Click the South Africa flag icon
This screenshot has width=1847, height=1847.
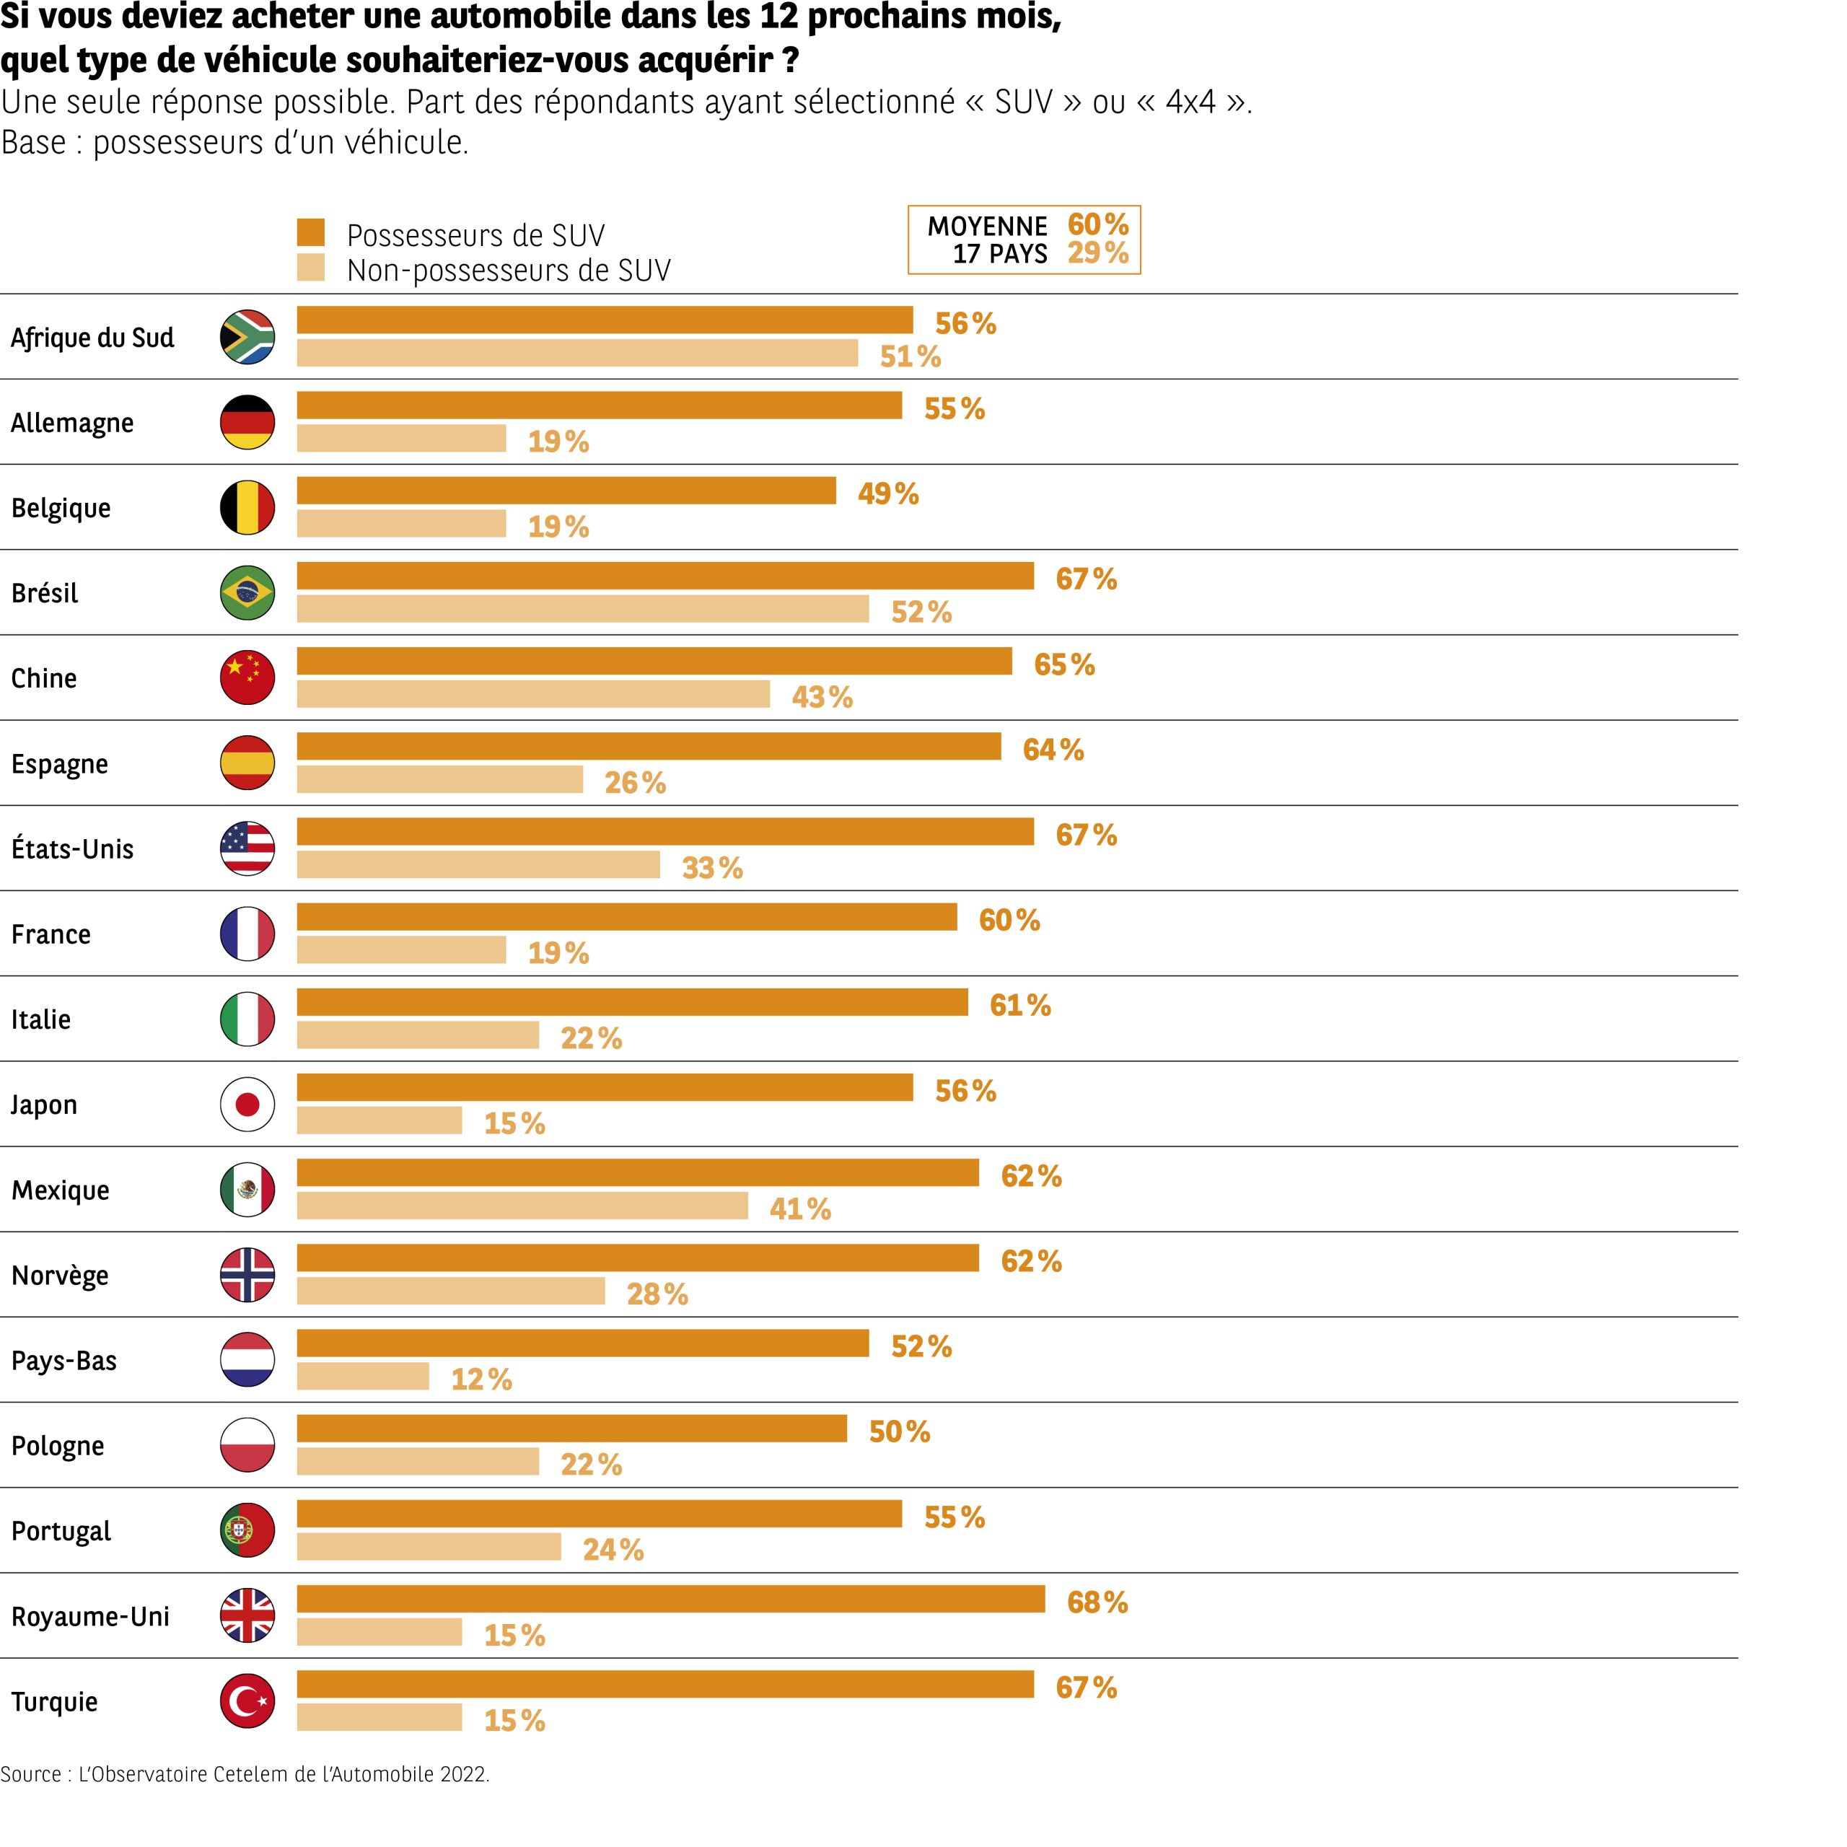coord(247,336)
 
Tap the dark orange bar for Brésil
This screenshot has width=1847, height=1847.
coord(664,576)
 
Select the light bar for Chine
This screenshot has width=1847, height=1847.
coord(532,694)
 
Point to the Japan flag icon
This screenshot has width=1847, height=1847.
coord(247,1104)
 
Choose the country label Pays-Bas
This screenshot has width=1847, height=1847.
coord(64,1361)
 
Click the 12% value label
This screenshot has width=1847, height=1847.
coord(481,1379)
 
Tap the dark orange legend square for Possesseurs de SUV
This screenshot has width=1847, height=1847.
coord(311,232)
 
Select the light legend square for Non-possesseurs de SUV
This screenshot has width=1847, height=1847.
coord(311,268)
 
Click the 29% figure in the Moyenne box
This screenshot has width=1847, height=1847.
coord(1097,253)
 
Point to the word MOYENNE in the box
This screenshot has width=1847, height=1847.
coord(986,227)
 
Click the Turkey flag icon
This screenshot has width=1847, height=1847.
coord(247,1701)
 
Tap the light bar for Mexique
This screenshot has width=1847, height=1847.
coord(522,1206)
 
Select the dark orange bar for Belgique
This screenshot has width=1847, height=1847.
coord(566,491)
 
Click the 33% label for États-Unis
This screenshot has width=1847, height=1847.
coord(712,868)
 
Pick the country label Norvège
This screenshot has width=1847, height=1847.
coord(60,1276)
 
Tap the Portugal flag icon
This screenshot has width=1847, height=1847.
coord(247,1530)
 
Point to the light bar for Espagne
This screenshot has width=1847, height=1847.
coord(440,779)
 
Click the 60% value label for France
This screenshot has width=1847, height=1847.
coord(1009,920)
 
